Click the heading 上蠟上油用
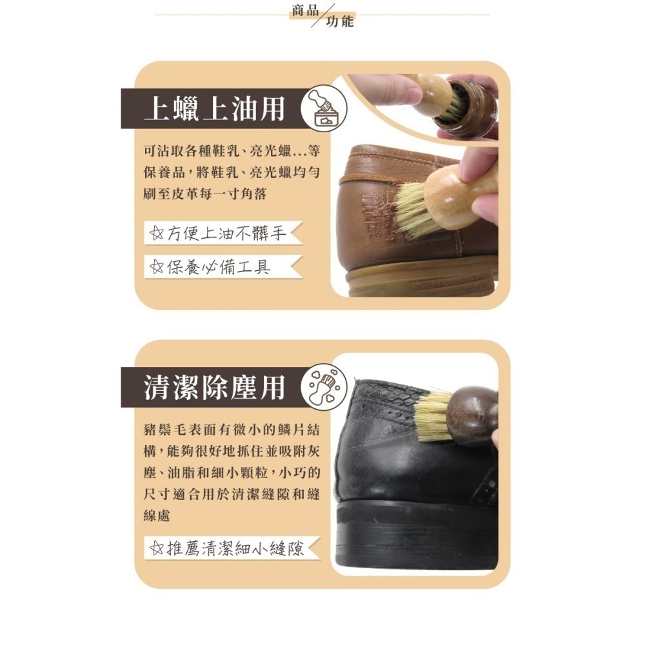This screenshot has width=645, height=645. pos(213,108)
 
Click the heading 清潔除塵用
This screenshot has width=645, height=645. pos(213,388)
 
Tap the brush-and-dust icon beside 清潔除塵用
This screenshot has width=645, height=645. pos(324,388)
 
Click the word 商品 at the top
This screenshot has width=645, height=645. pos(304,11)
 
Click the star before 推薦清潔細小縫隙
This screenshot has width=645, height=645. pos(155,549)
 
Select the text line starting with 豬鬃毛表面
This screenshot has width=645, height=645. pos(231,430)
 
